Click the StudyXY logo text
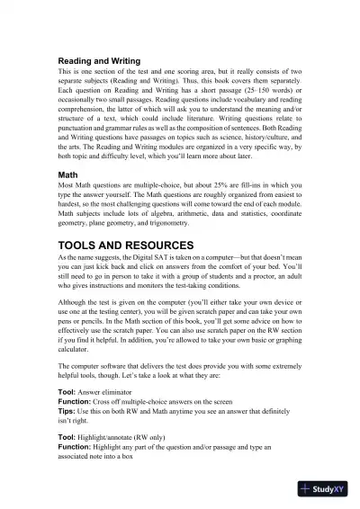(331, 491)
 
